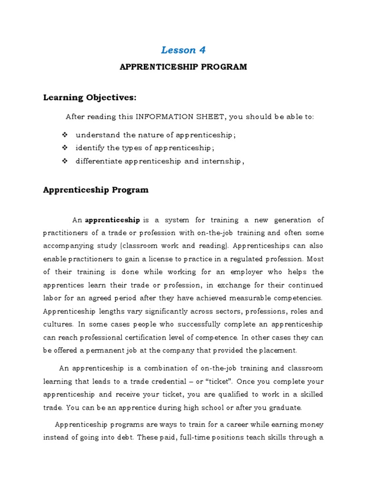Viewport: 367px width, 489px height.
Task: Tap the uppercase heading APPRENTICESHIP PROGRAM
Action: point(183,67)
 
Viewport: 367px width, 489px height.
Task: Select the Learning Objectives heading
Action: point(90,98)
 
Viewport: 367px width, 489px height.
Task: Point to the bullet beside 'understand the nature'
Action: point(65,135)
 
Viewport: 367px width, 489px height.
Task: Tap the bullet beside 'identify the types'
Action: point(65,148)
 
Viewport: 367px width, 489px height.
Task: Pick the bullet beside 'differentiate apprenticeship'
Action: point(65,161)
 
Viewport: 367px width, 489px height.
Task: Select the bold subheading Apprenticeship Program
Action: point(96,190)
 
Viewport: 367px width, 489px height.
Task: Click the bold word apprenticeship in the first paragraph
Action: point(112,220)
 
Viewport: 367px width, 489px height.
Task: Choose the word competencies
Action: point(298,298)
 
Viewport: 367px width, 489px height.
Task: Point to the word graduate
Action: point(284,407)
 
